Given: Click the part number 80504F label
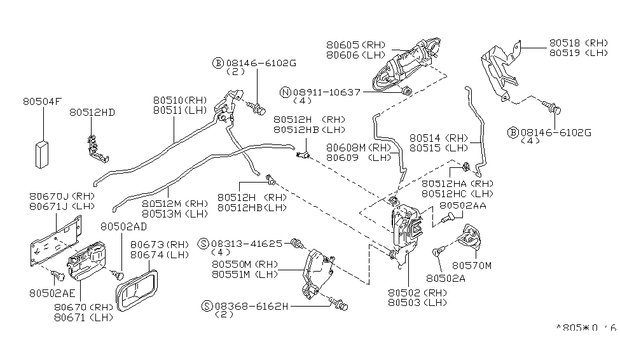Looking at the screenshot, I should point(43,101).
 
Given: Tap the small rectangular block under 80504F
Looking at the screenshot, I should point(43,153).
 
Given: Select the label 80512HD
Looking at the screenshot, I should point(92,113).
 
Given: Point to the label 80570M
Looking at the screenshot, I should point(472,265).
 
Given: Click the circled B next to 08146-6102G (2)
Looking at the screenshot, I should point(217,63).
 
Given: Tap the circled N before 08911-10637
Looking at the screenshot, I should point(286,92).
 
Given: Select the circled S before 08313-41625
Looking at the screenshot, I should point(203,244).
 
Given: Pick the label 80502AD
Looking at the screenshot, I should point(123,226).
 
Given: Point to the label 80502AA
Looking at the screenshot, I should point(463,205).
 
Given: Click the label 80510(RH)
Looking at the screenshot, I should point(181,100).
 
